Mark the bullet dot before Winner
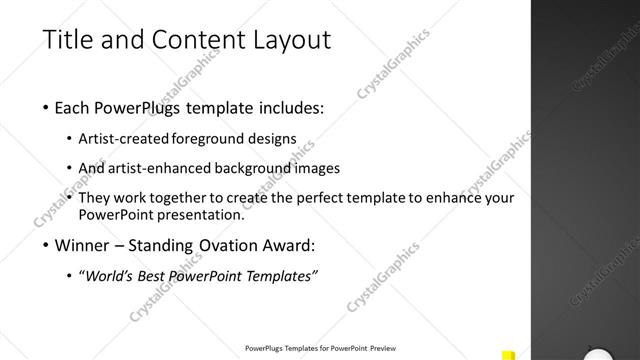pos(47,245)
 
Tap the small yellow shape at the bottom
pos(508,353)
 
